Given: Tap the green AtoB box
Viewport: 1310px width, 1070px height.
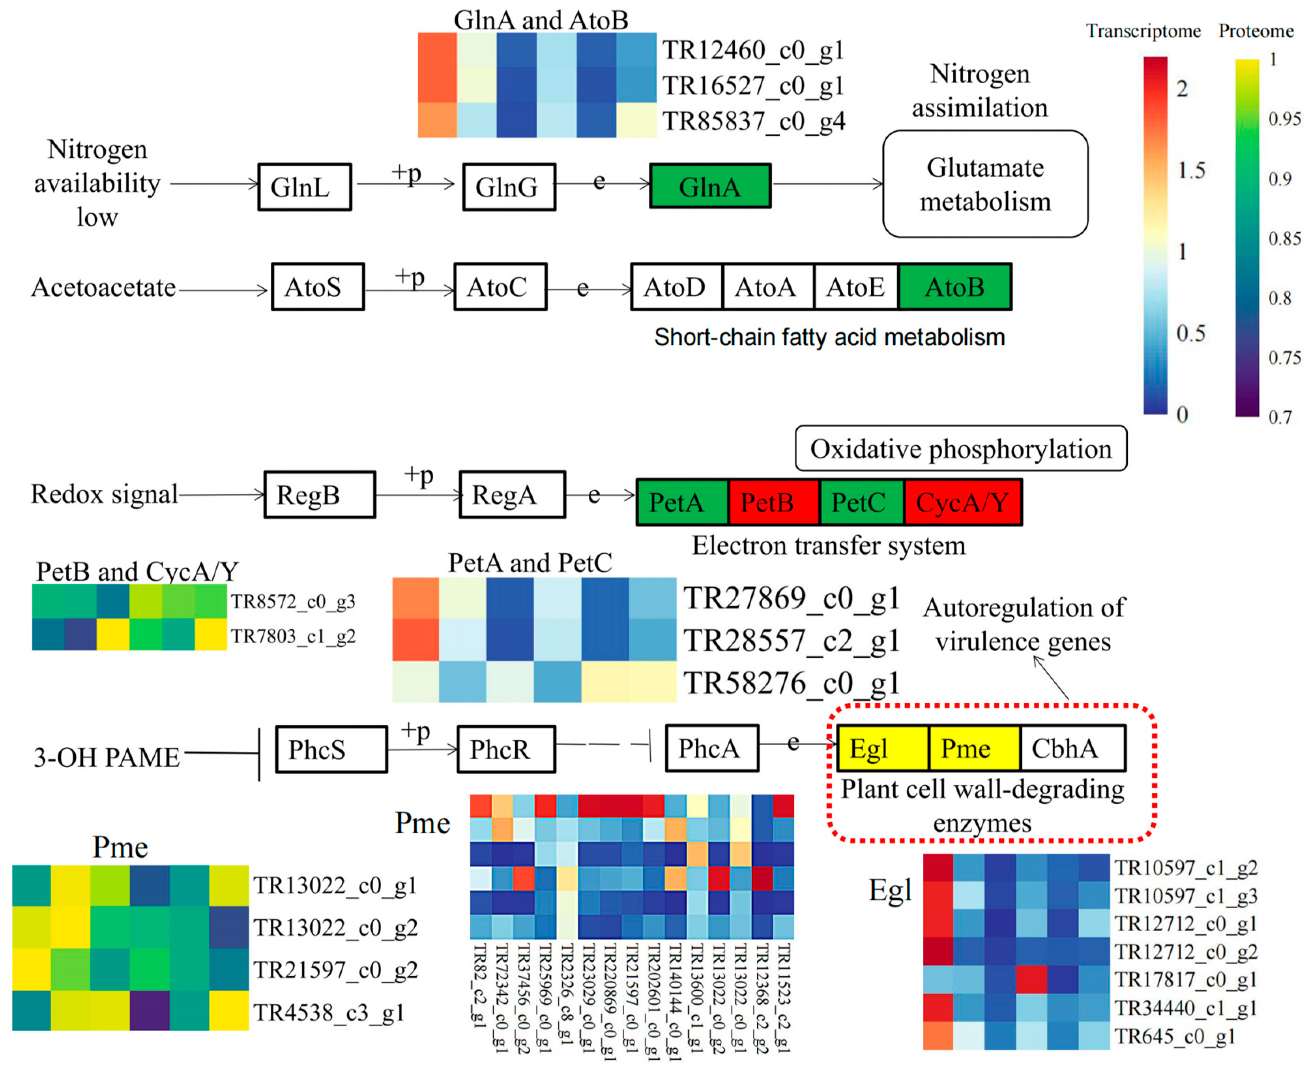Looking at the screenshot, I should pos(955,287).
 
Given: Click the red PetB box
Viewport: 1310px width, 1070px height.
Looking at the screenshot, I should pos(774,502).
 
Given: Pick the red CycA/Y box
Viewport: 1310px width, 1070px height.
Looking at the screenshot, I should pos(962,502).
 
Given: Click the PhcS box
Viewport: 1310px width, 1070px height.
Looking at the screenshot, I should pos(331,749).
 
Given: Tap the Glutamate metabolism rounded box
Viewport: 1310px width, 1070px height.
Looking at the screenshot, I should pos(985,184).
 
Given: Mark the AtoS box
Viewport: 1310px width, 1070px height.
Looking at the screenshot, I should pos(318,287).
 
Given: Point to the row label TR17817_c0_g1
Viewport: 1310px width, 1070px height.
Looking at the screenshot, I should pos(1185,979).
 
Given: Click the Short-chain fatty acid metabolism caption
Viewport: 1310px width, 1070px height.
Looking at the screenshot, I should pos(829,337).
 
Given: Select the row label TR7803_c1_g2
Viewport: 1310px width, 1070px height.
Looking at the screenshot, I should pos(294,636).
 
